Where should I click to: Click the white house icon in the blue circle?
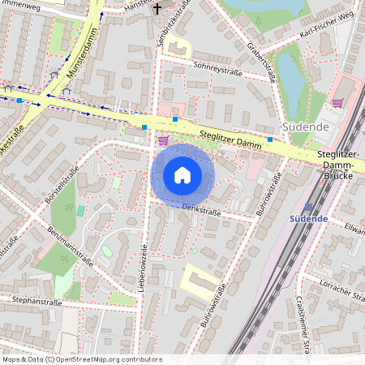click(182, 174)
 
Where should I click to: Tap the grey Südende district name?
click(305, 127)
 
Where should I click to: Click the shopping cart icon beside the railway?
click(337, 103)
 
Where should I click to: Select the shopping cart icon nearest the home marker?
click(163, 140)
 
